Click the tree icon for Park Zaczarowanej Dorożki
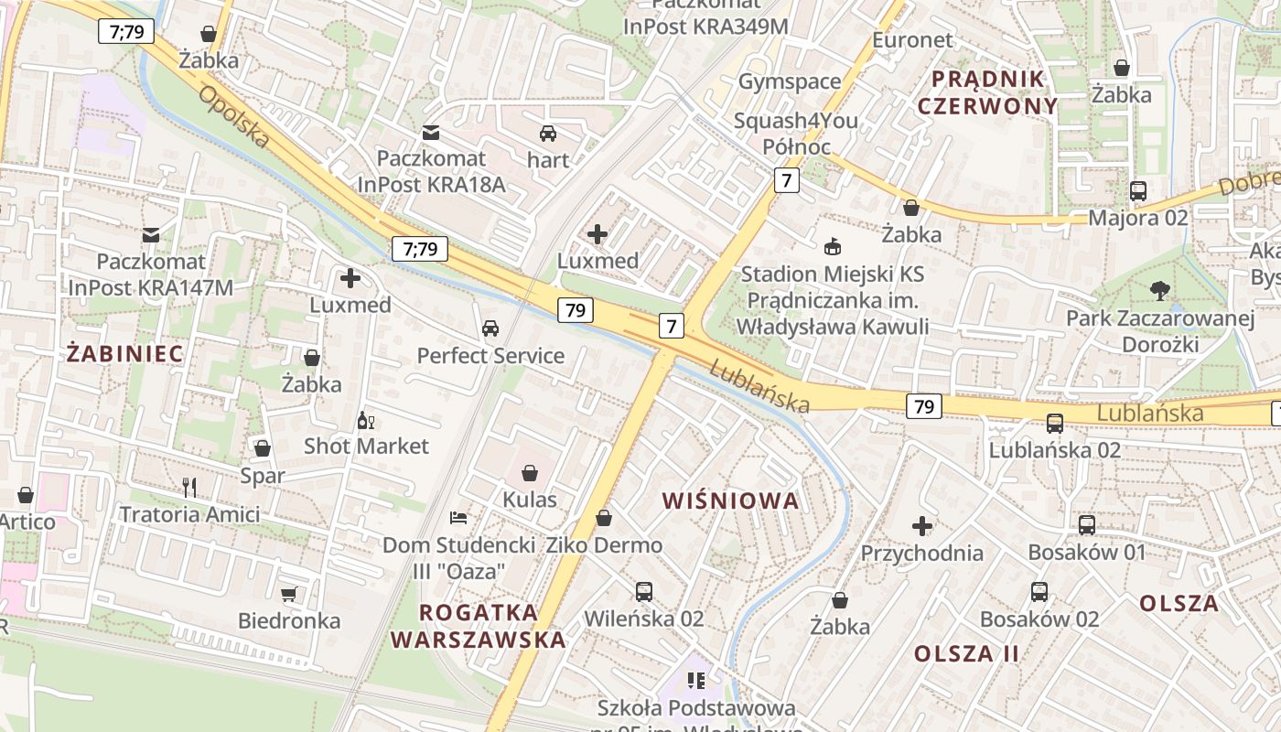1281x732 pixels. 1159,291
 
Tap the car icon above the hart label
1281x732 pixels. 548,134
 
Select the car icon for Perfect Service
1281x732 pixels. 490,328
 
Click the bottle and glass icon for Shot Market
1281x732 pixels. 366,421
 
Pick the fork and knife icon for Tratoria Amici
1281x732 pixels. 189,488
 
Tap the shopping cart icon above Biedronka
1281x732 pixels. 288,595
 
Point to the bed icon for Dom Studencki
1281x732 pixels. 458,519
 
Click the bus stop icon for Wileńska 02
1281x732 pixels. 644,592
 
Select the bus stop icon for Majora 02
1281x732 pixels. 1138,191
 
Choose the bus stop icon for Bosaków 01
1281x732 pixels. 1087,525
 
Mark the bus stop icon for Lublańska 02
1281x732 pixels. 1055,424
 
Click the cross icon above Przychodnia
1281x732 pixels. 922,526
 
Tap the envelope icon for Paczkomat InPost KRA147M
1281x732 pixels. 151,235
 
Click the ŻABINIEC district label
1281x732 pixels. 124,353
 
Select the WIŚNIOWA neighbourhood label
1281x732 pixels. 730,501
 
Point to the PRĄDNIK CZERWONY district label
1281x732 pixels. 987,91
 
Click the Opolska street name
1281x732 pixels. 233,117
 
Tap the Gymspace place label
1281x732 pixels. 789,81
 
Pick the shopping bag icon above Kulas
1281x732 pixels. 530,473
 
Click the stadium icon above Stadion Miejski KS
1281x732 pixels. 833,246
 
